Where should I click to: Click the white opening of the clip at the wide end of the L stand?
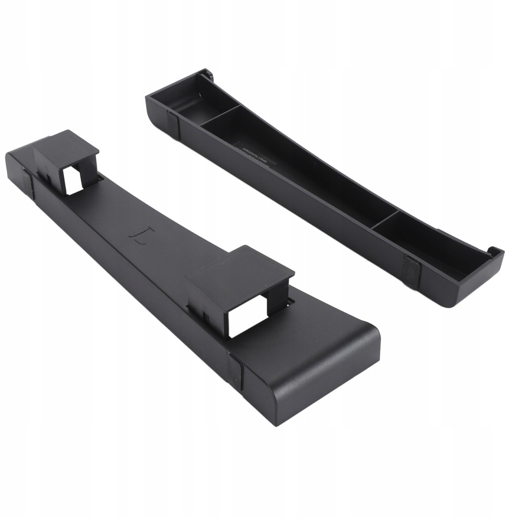tap(247, 316)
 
